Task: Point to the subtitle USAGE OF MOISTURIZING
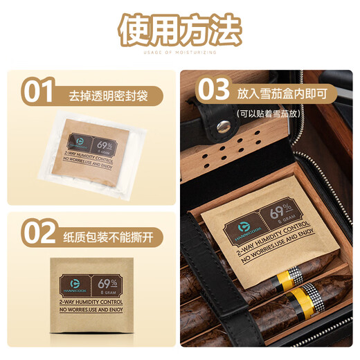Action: point(179,52)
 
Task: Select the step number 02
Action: point(37,232)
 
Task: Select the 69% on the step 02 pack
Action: point(107,283)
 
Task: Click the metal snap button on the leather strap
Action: point(223,127)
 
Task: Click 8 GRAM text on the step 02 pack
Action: point(107,293)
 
